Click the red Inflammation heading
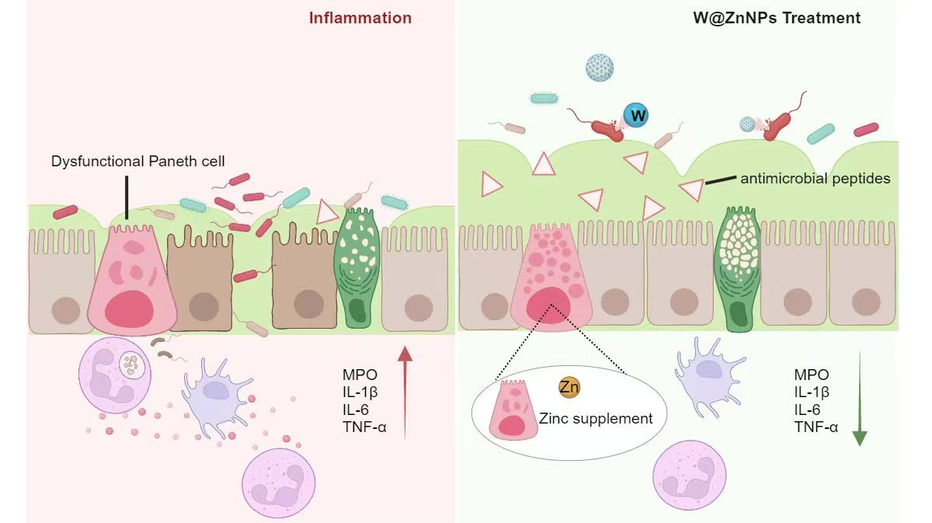click(x=360, y=18)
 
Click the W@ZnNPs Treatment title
click(x=777, y=18)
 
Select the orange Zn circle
click(x=569, y=387)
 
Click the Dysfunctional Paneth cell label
click(x=138, y=162)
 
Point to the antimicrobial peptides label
click(x=815, y=179)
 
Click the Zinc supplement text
click(x=596, y=419)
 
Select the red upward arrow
click(x=405, y=392)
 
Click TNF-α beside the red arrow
click(x=360, y=425)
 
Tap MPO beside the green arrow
click(x=811, y=375)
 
